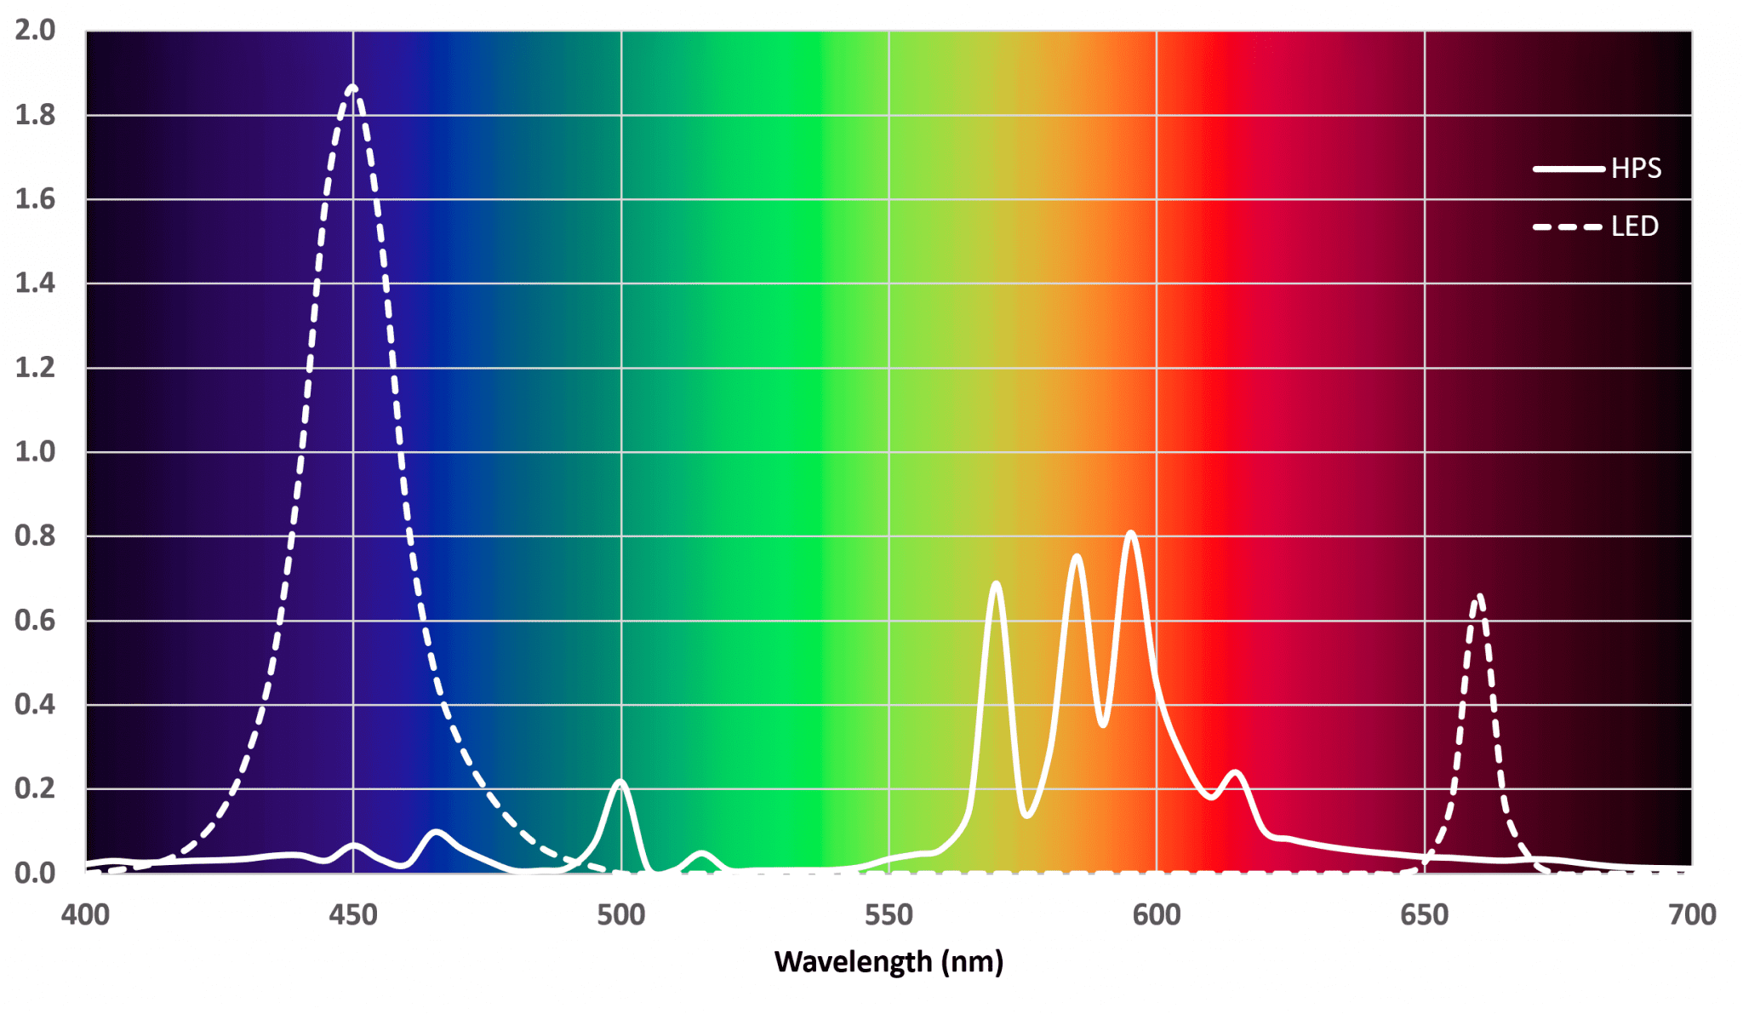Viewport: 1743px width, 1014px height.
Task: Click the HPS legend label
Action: click(1635, 169)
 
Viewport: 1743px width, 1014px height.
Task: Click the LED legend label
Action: click(1634, 226)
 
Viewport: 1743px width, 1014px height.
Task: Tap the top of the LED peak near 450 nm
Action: click(353, 88)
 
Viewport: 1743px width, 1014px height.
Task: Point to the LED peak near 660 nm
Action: click(1479, 598)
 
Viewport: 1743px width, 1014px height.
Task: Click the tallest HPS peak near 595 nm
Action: click(1130, 534)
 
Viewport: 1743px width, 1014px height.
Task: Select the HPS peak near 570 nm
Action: click(995, 584)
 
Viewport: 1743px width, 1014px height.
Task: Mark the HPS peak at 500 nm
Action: click(620, 782)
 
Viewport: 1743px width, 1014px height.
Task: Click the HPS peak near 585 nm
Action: click(1077, 557)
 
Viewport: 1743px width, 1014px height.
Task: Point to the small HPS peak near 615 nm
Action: click(1235, 773)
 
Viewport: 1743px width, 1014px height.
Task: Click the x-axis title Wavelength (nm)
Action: click(889, 962)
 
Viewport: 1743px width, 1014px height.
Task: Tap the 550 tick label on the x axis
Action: click(889, 915)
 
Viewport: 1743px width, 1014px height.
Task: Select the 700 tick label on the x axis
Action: click(1691, 915)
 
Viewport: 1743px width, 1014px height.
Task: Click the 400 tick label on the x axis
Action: click(85, 915)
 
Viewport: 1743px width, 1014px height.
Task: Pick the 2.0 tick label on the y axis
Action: click(35, 31)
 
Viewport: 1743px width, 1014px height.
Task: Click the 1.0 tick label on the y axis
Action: click(35, 452)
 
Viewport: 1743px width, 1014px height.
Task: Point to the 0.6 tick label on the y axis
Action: click(35, 621)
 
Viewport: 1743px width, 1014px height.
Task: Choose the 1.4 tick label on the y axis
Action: click(35, 284)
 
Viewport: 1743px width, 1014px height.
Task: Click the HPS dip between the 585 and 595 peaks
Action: click(1103, 725)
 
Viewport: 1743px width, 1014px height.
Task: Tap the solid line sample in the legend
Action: click(1568, 169)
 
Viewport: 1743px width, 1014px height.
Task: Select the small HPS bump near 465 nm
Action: click(436, 832)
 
